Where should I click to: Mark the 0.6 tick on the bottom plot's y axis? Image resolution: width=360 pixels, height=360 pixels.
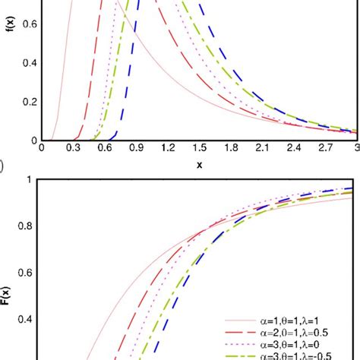coord(30,273)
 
